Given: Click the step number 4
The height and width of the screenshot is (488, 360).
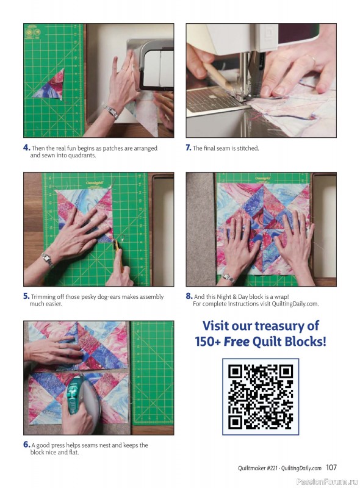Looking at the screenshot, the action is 26,148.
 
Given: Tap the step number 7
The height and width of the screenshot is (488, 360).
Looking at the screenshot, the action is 189,148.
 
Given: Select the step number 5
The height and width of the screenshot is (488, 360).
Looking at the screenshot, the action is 26,296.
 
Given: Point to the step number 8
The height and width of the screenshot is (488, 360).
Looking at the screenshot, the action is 189,296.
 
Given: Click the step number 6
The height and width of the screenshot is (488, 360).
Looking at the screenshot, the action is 26,445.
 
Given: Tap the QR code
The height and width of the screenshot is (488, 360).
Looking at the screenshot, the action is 261,396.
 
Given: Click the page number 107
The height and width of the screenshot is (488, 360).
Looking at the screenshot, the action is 331,467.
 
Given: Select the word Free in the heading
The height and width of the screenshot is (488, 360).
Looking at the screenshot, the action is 237,342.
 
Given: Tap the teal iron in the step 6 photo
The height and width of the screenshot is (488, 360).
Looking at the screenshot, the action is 81,397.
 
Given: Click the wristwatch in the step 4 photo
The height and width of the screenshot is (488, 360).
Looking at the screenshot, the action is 111,112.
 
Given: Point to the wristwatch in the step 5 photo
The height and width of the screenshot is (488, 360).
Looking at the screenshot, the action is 48,260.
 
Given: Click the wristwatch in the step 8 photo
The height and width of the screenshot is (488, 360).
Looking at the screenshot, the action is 229,278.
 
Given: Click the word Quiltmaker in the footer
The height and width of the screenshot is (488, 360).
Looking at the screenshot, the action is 251,468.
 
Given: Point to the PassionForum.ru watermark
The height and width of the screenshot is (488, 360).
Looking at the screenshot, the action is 327,481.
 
